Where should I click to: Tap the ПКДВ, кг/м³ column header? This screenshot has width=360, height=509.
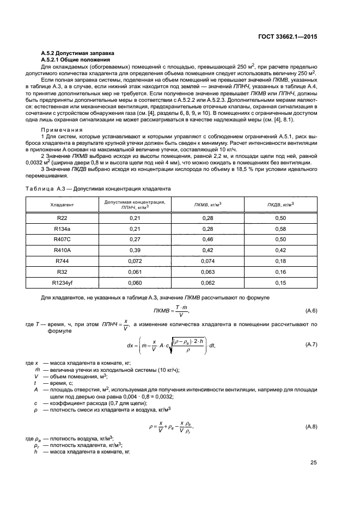point(280,205)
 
